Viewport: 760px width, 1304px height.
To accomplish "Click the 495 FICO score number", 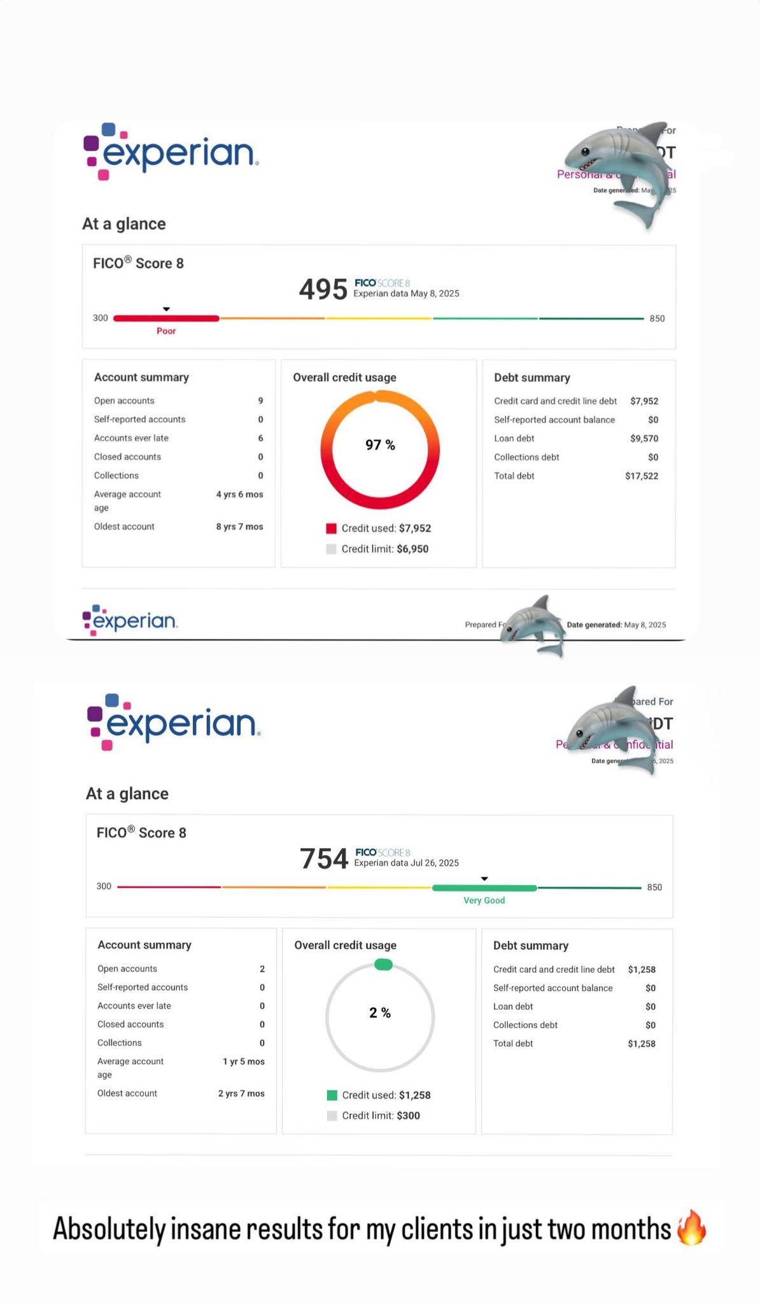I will (x=323, y=289).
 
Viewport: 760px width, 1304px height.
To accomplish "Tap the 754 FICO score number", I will (x=324, y=858).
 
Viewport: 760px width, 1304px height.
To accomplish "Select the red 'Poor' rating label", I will (x=166, y=331).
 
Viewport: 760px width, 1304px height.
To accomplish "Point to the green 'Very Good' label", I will (x=484, y=900).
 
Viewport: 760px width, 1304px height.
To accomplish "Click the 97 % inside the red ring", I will (x=380, y=445).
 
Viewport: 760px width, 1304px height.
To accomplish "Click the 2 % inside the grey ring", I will (x=380, y=1013).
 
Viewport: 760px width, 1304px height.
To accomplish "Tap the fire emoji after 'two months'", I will (x=691, y=1228).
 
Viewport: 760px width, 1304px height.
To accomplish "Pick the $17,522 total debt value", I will (x=642, y=476).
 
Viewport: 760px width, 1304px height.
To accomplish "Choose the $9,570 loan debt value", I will (x=644, y=439).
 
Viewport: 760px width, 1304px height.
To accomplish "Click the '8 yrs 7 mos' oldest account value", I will (x=239, y=527).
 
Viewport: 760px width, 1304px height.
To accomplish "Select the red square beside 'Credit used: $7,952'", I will (x=331, y=528).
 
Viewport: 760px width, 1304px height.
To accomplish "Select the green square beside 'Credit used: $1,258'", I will (x=332, y=1095).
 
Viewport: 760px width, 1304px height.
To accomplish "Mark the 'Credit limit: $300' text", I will (x=381, y=1116).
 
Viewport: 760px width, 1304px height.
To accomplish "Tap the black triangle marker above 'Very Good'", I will (x=484, y=879).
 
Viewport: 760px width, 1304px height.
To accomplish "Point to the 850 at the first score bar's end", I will (x=657, y=318).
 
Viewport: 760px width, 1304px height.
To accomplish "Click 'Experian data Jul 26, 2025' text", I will (x=406, y=863).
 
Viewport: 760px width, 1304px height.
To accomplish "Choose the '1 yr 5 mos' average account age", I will (x=243, y=1061).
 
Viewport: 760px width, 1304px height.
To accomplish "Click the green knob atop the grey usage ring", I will (x=383, y=965).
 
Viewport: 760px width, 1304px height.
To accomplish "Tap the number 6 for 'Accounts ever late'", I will (x=260, y=438).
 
